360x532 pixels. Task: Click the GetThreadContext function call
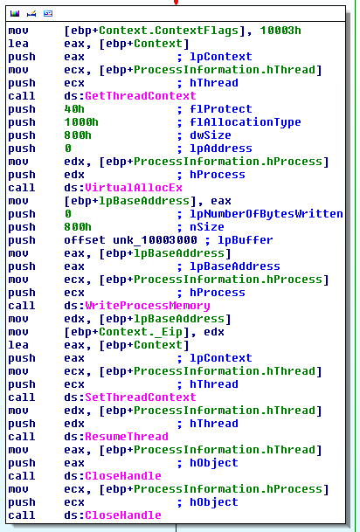140,96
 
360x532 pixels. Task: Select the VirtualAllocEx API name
134,188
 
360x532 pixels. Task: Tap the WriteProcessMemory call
148,306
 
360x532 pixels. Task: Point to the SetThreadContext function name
140,397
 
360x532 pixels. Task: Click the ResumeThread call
126,437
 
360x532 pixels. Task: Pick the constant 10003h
280,31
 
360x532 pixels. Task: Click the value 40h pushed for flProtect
74,109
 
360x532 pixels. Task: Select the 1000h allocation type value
81,122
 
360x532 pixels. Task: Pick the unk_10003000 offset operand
155,240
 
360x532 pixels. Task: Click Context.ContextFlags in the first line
169,31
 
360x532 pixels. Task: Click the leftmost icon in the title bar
15,14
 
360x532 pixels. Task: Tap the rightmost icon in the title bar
48,14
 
